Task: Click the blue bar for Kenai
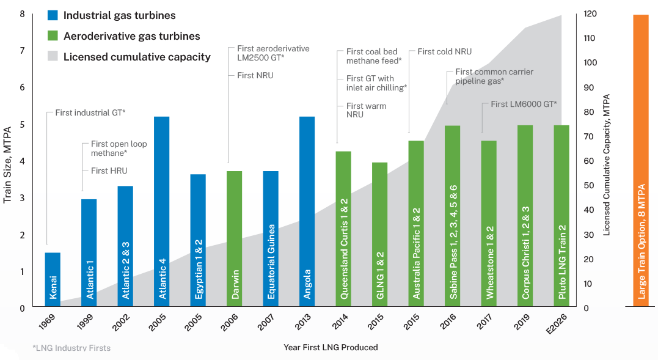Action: (x=53, y=279)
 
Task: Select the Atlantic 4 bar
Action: (x=162, y=211)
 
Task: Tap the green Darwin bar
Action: (x=235, y=238)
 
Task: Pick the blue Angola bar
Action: (x=307, y=211)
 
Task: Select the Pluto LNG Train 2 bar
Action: (x=561, y=215)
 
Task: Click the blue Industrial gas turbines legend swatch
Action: (x=53, y=15)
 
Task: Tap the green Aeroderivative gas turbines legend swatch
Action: (x=53, y=36)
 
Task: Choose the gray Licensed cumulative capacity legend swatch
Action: (x=53, y=57)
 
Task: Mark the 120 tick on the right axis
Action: (x=590, y=13)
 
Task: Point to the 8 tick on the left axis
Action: (x=23, y=13)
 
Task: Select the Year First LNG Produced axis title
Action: (x=331, y=347)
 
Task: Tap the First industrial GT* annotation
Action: (x=90, y=112)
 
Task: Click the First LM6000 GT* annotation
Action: (x=524, y=104)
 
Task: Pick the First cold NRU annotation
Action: (x=444, y=52)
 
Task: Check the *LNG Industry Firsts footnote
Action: (x=71, y=348)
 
